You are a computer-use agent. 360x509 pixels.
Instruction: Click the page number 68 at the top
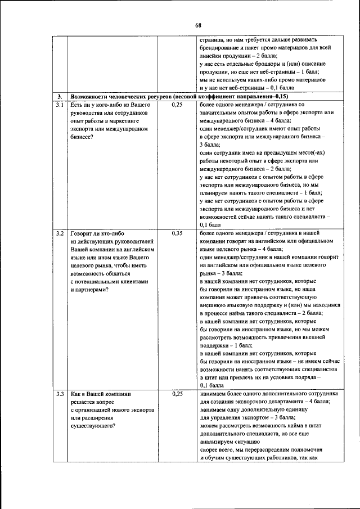click(198, 25)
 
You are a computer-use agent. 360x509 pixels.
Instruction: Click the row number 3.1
click(60, 105)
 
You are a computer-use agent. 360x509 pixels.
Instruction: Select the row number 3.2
click(60, 232)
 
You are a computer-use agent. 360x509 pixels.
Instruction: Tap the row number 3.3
click(60, 394)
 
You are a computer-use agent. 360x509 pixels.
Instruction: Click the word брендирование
click(223, 49)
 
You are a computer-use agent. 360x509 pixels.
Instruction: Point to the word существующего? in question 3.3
click(93, 426)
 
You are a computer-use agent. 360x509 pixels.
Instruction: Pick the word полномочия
click(314, 450)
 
